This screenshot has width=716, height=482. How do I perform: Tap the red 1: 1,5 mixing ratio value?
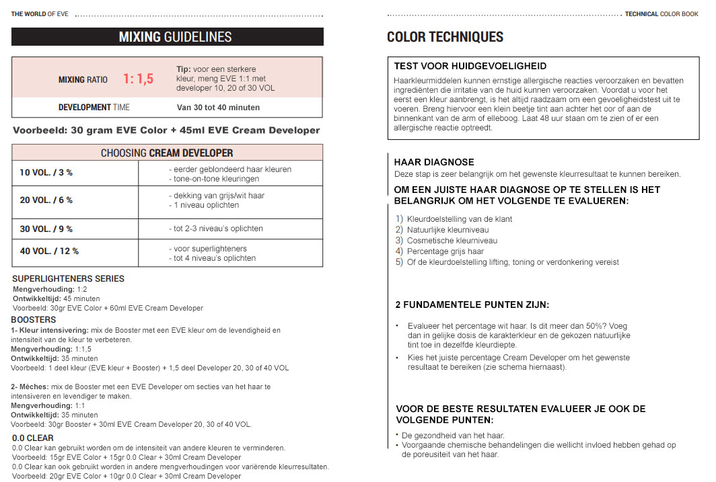point(138,79)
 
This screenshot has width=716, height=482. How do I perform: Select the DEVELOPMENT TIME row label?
point(94,108)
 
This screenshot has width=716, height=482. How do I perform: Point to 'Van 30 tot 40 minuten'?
point(218,108)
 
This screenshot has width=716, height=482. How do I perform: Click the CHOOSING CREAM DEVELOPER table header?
point(167,153)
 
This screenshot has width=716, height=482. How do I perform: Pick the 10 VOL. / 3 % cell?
point(46,173)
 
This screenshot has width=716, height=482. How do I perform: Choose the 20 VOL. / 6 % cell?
point(46,200)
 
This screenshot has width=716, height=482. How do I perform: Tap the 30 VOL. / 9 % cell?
point(46,229)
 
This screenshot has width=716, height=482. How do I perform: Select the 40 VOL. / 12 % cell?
point(49,251)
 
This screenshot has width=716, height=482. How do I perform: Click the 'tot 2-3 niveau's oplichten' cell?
point(215,229)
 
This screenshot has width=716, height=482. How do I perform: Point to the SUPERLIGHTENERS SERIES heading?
point(68,279)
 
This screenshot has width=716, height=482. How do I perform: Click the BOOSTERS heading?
point(34,319)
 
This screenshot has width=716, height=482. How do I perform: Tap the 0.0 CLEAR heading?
point(33,438)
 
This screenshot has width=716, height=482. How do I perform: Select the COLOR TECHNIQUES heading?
point(445,37)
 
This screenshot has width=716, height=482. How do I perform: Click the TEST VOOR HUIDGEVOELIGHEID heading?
point(470,66)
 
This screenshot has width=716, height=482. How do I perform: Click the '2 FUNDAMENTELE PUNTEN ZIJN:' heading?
point(472,305)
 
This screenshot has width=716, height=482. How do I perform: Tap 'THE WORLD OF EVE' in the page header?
point(38,14)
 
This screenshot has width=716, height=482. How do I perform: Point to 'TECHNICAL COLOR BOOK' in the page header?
point(661,14)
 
